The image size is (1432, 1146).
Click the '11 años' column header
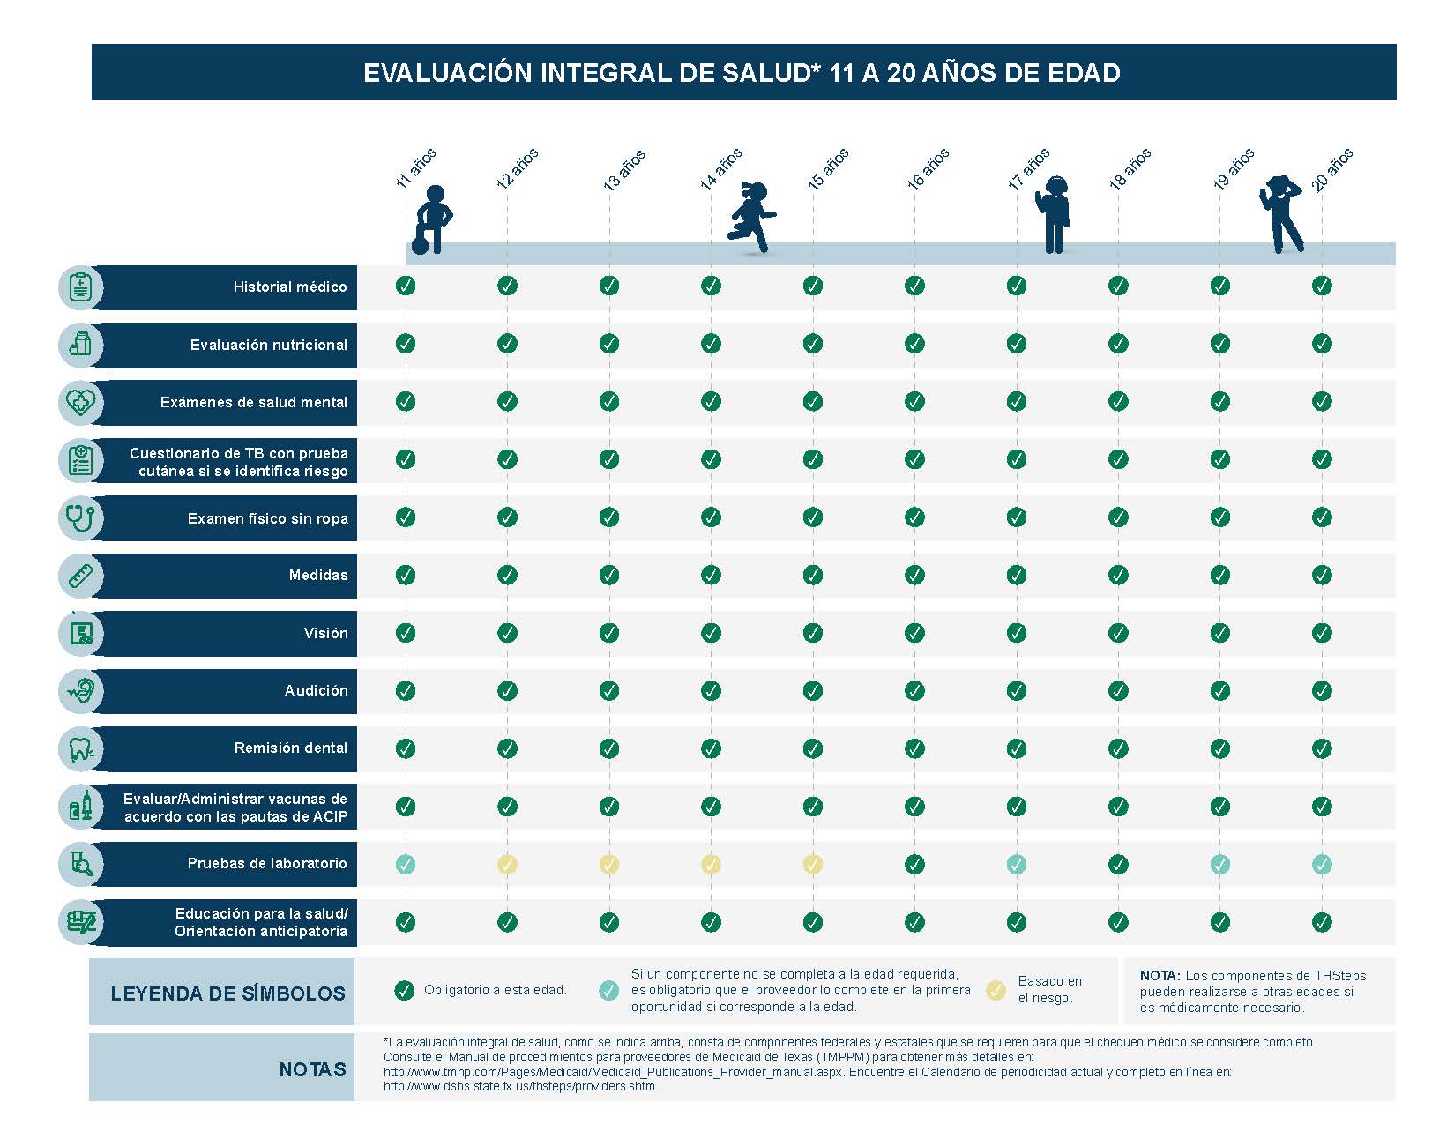415,168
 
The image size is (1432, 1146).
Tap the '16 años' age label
928,168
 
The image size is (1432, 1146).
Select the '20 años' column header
1331,170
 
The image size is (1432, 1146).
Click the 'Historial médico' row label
290,286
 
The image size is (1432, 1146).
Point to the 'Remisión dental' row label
291,748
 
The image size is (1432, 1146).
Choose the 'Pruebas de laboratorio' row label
267,863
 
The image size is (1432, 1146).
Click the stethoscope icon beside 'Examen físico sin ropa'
80,517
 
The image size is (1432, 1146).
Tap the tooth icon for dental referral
80,748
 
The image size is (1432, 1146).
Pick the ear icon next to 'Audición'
80,690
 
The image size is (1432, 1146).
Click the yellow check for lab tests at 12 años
507,865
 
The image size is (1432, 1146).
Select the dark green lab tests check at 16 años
914,865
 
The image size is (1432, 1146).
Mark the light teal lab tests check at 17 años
1017,865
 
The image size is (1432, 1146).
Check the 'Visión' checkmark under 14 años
711,633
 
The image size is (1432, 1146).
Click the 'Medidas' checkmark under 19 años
1220,575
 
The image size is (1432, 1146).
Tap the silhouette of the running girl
751,217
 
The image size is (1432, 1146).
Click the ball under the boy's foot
420,246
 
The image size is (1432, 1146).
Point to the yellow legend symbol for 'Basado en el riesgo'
996,990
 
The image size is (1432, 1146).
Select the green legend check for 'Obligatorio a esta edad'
405,990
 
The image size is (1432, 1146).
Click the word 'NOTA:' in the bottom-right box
1160,976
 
